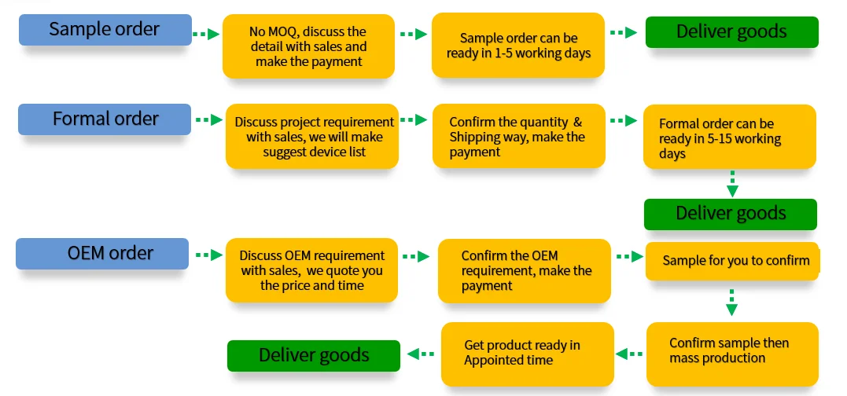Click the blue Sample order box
(105, 30)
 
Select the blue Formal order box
(105, 119)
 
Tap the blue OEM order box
(102, 254)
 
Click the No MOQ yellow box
(308, 47)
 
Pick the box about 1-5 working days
(518, 46)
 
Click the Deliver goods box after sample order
(731, 32)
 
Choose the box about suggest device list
(312, 137)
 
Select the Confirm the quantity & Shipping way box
(518, 137)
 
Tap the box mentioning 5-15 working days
(729, 138)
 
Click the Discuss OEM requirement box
(312, 270)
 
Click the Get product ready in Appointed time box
(527, 353)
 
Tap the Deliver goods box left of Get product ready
(314, 355)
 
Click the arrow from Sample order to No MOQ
(207, 34)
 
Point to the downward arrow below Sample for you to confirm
(731, 302)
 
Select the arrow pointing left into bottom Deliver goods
(422, 354)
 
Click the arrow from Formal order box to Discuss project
(208, 120)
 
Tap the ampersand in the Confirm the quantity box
(577, 123)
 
